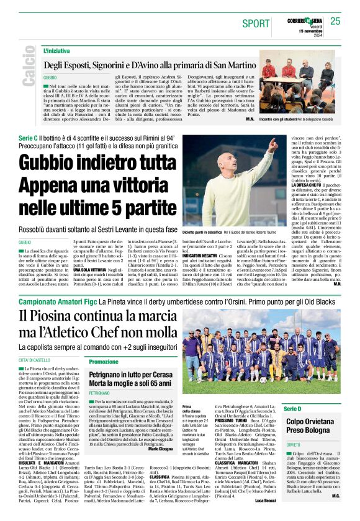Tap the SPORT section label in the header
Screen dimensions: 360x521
(256, 24)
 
